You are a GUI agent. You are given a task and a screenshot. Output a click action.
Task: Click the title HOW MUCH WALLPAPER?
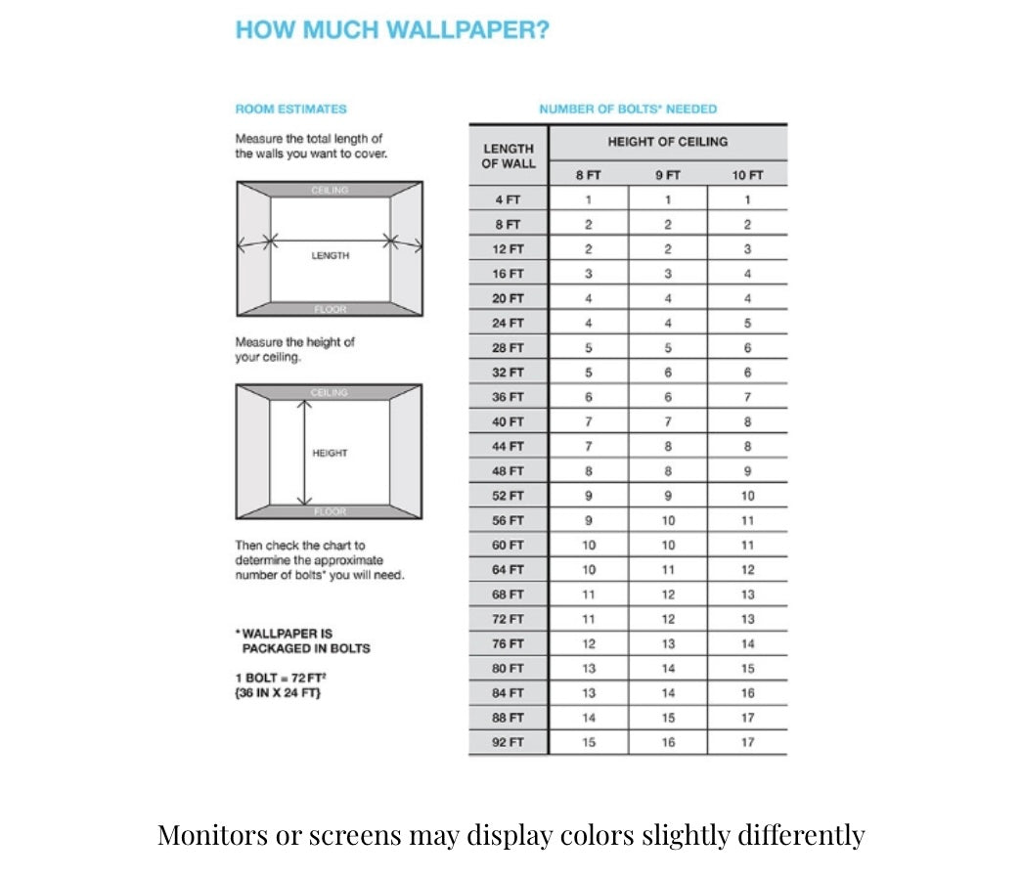coord(392,30)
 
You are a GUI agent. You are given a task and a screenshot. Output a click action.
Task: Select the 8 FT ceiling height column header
coord(588,176)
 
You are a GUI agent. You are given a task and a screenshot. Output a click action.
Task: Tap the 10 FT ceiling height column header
coord(747,176)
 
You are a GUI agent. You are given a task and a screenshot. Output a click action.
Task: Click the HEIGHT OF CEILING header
coord(667,142)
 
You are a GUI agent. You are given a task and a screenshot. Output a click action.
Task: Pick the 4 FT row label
coord(508,199)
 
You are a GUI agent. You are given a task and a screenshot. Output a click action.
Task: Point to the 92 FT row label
coord(508,742)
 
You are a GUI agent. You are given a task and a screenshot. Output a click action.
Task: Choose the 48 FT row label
coord(508,471)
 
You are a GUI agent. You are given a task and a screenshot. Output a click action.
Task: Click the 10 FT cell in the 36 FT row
coord(747,397)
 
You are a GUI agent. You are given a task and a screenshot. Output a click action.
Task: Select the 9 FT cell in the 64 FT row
coord(668,569)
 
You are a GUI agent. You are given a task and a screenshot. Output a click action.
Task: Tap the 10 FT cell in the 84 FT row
coord(747,692)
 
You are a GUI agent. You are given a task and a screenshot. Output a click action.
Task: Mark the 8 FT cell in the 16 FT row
coord(588,274)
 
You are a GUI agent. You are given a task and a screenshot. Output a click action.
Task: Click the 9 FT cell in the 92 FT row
coord(668,742)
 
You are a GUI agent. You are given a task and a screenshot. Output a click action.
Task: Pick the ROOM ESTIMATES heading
coord(290,110)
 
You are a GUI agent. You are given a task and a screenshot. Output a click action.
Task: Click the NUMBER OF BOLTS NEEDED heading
coord(627,110)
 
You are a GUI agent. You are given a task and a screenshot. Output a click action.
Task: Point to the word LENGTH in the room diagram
coord(330,255)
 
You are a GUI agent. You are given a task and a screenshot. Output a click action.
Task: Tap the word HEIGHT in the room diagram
coord(330,453)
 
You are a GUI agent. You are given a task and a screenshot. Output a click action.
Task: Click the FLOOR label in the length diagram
coord(330,309)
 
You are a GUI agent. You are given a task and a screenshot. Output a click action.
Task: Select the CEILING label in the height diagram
coord(330,392)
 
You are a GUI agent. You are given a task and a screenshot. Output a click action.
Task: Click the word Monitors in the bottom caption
coord(210,836)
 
